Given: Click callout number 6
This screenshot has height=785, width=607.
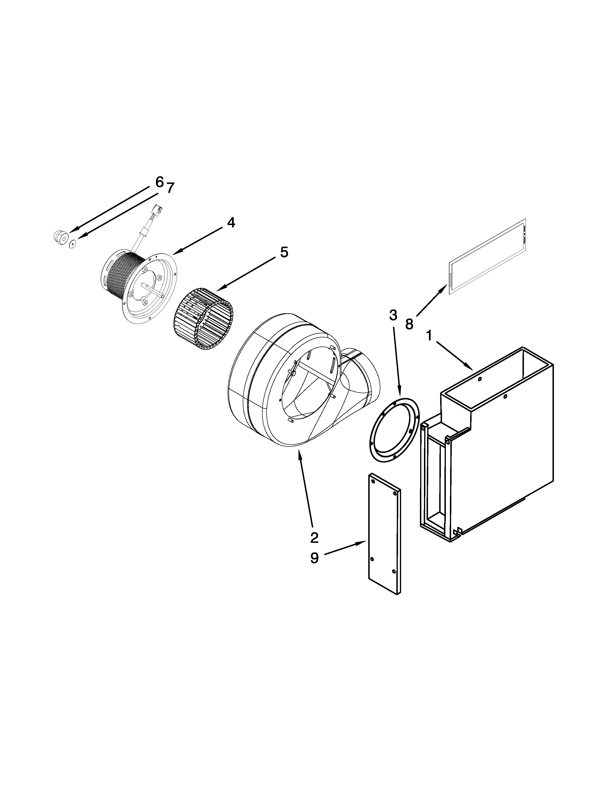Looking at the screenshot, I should pos(159,182).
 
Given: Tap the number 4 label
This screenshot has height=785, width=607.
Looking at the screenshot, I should pos(231,223).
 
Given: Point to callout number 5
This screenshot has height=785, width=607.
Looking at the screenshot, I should pos(284,252).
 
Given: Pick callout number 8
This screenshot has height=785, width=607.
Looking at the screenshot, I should pos(409,324).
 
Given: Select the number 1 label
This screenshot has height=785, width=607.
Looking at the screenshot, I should pos(429,336).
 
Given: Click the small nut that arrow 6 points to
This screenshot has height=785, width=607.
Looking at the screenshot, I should pos(59,236).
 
